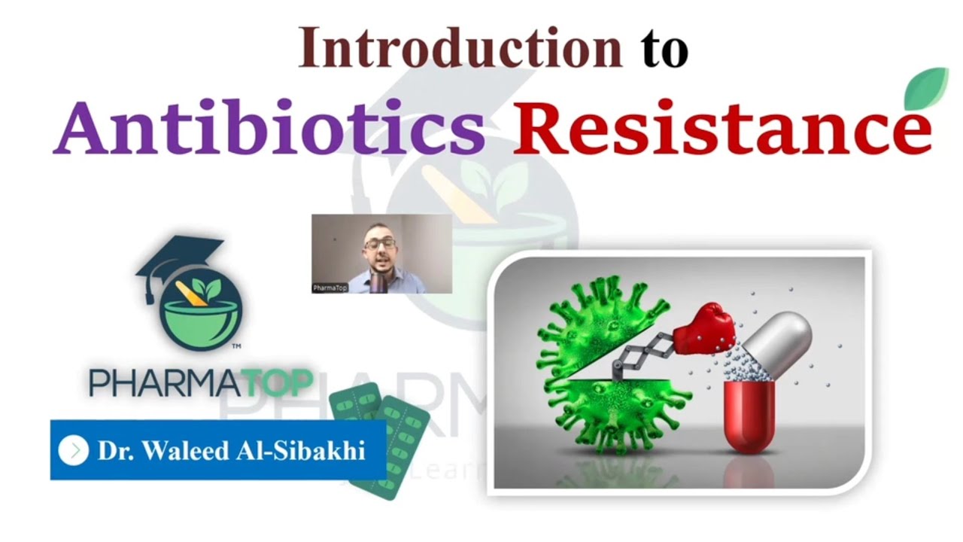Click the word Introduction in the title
pos(460,48)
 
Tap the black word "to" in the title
pos(664,50)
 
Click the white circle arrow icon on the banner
pos(73,450)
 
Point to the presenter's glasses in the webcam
pos(379,244)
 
